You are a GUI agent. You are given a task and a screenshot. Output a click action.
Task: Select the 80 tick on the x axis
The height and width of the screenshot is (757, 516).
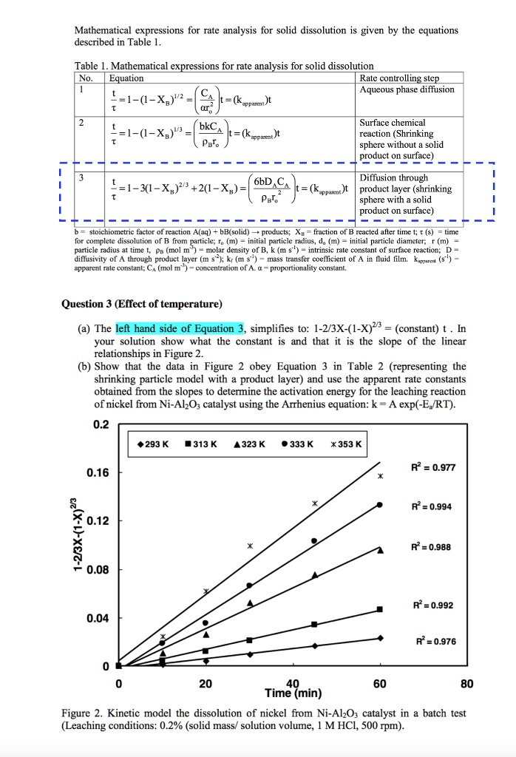click(x=466, y=684)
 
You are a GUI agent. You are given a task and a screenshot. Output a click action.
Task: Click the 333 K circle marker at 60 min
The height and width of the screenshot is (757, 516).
click(x=380, y=504)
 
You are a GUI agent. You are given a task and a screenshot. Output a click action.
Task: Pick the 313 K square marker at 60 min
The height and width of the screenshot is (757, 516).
click(x=380, y=609)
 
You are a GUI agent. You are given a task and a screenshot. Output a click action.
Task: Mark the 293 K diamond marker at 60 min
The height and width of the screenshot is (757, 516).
click(x=380, y=638)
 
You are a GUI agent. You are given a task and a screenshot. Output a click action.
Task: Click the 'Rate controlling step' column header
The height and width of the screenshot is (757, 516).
click(x=399, y=78)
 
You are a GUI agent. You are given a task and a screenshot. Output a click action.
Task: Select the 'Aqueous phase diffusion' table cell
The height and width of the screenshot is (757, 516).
click(x=407, y=89)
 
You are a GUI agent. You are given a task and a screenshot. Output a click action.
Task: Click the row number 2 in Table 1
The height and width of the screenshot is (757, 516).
click(x=83, y=122)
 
